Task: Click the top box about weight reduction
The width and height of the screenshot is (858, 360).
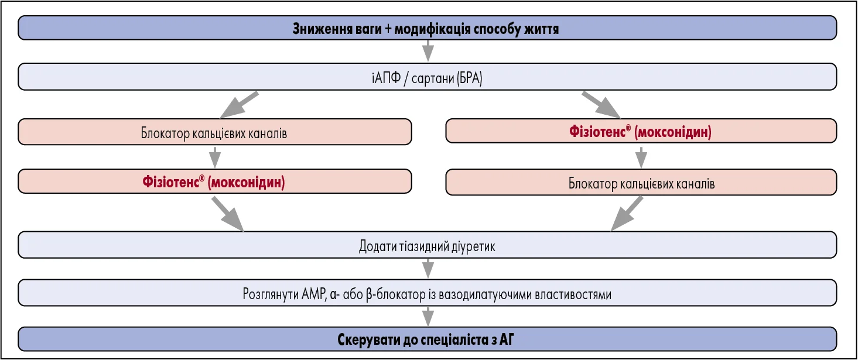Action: click(x=427, y=28)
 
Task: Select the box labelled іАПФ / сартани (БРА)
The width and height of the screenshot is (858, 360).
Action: click(x=427, y=77)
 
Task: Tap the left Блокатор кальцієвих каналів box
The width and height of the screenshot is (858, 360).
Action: click(x=215, y=132)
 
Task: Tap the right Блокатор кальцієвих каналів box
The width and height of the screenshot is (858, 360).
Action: click(x=641, y=182)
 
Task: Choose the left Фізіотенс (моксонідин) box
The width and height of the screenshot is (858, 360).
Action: click(x=215, y=181)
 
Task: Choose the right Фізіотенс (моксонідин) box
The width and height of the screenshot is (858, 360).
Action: click(x=641, y=131)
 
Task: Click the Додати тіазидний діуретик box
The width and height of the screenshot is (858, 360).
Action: click(x=427, y=245)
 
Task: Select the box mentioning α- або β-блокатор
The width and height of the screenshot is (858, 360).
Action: click(x=427, y=293)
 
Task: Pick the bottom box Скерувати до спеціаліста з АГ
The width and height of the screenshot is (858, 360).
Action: click(x=427, y=340)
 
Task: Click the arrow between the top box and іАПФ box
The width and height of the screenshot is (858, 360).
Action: click(x=428, y=51)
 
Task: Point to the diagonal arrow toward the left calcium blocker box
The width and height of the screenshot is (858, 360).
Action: click(x=240, y=105)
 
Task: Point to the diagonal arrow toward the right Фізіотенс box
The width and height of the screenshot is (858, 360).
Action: click(x=601, y=105)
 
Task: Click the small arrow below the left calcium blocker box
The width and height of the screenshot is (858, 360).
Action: click(x=215, y=157)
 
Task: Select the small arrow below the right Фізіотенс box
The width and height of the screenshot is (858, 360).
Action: click(x=641, y=157)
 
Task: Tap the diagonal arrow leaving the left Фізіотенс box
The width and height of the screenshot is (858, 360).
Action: click(x=228, y=214)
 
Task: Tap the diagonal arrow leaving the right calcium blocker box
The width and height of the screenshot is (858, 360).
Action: click(x=627, y=213)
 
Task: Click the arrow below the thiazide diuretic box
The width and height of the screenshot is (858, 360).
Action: click(x=428, y=269)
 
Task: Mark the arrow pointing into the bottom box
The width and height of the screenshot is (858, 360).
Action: click(x=428, y=316)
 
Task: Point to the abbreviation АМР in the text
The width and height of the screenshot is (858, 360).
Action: click(x=313, y=294)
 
